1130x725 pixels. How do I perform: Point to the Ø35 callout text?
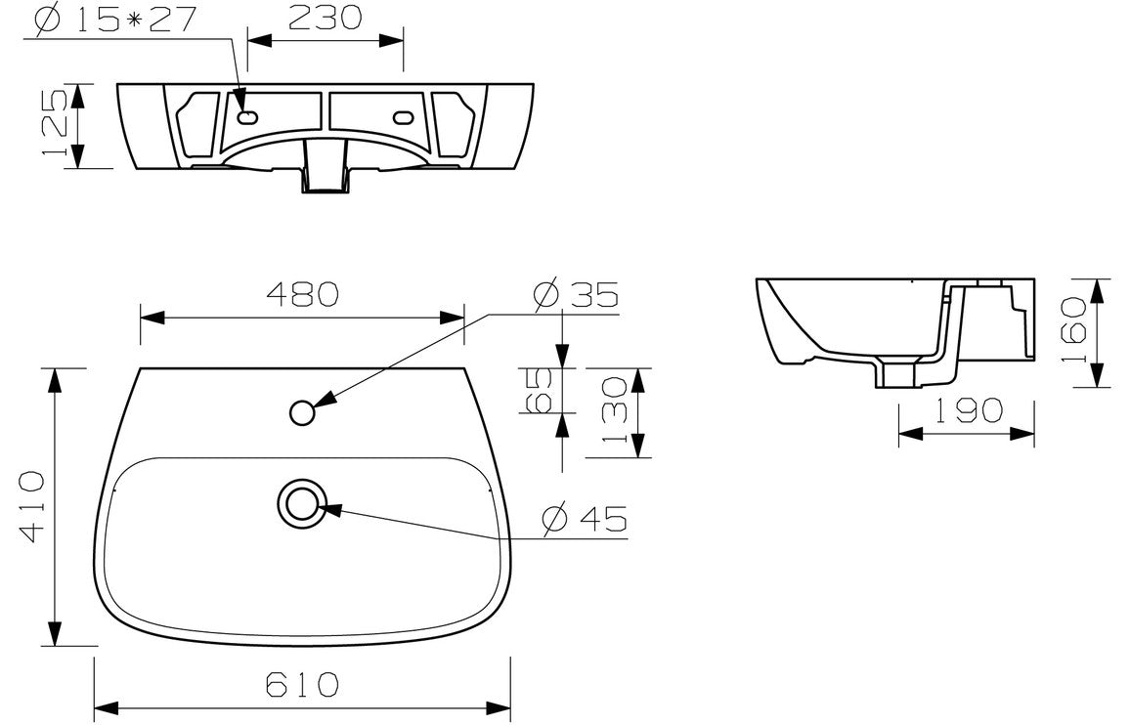click(577, 295)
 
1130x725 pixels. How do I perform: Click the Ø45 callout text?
click(585, 519)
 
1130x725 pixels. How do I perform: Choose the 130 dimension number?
click(614, 410)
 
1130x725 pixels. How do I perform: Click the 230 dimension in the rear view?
click(325, 18)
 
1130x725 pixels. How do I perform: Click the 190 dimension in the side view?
click(966, 410)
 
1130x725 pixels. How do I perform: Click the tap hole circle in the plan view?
click(303, 413)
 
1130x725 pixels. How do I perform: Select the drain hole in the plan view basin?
click(300, 502)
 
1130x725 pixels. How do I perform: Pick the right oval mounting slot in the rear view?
click(404, 118)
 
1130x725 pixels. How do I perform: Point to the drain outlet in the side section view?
click(896, 375)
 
